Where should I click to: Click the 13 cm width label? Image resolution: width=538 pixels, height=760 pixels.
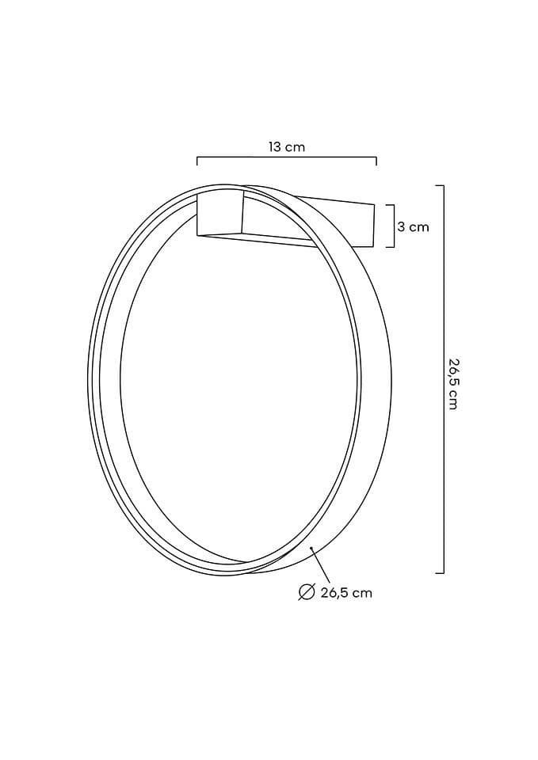pyautogui.click(x=287, y=147)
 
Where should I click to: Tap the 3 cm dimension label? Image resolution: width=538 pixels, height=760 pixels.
pyautogui.click(x=414, y=226)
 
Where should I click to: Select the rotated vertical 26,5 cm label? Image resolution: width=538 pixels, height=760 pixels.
pyautogui.click(x=452, y=383)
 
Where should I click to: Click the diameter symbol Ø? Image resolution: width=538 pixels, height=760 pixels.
pyautogui.click(x=306, y=592)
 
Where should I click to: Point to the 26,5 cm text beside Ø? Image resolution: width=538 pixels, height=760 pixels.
pyautogui.click(x=346, y=592)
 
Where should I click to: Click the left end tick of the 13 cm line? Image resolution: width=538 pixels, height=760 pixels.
pyautogui.click(x=197, y=161)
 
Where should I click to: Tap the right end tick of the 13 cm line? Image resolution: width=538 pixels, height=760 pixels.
pyautogui.click(x=376, y=161)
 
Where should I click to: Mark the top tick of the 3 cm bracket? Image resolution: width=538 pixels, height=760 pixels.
pyautogui.click(x=390, y=205)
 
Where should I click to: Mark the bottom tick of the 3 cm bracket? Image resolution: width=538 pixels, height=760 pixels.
pyautogui.click(x=390, y=247)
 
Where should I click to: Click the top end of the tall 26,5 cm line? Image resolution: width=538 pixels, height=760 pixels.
pyautogui.click(x=440, y=185)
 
